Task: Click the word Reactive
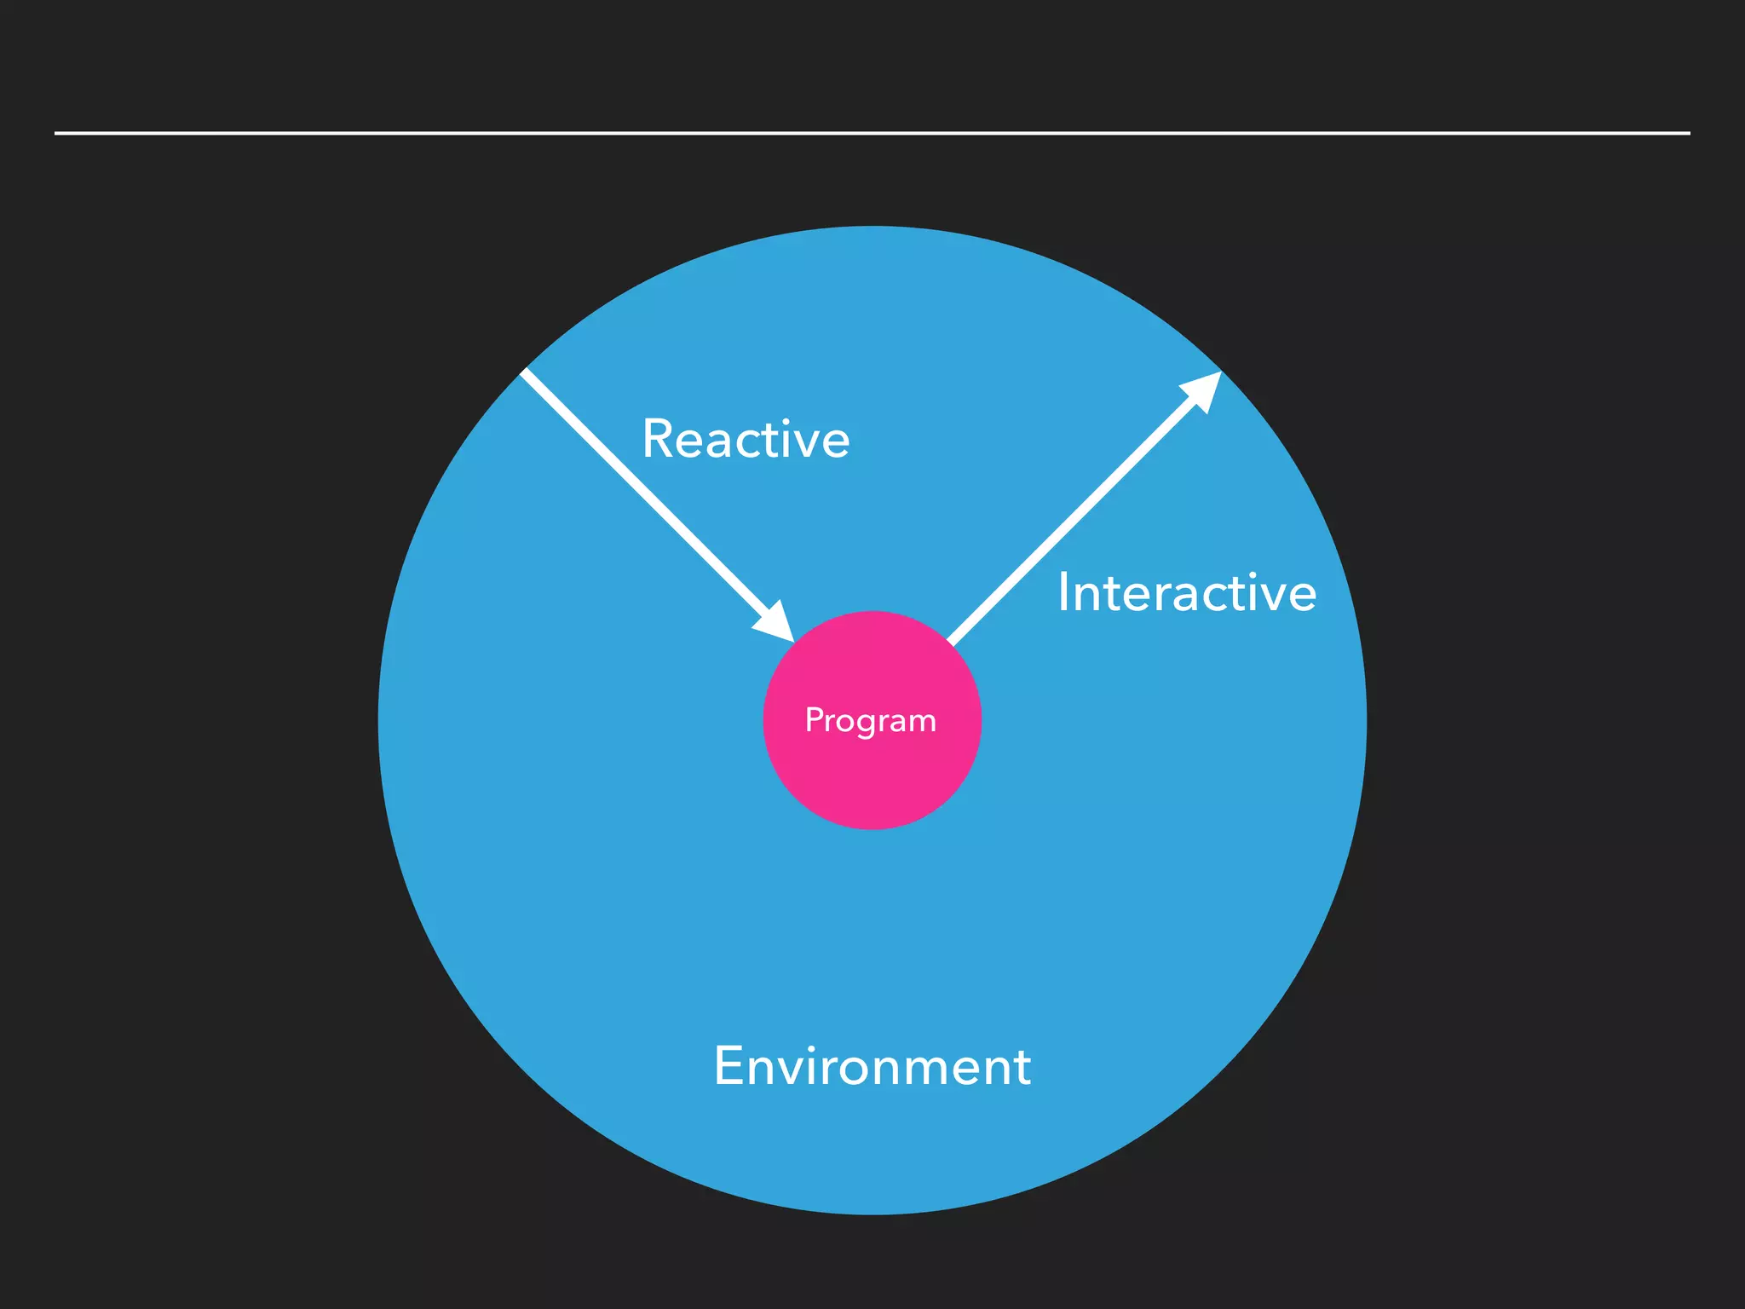click(x=746, y=440)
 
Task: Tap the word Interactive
click(x=1186, y=593)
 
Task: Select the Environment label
click(x=872, y=1066)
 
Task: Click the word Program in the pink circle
click(x=871, y=721)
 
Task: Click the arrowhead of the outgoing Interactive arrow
click(x=1202, y=391)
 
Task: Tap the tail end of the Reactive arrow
click(x=526, y=372)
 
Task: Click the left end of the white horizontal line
click(x=56, y=133)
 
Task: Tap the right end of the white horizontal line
click(x=1689, y=133)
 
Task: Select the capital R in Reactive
click(x=658, y=440)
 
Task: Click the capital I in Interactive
click(x=1063, y=593)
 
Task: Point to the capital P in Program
click(x=814, y=720)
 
